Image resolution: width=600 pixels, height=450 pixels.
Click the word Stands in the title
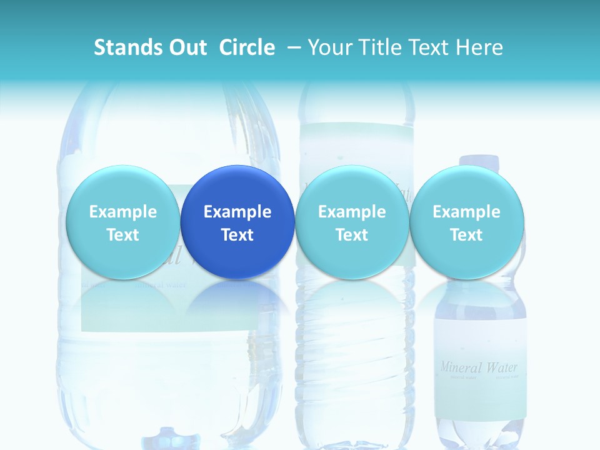click(x=122, y=47)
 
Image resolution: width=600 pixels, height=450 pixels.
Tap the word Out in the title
click(x=186, y=47)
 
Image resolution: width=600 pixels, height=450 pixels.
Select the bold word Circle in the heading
click(x=247, y=47)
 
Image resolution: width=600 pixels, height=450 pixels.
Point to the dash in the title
click(x=294, y=47)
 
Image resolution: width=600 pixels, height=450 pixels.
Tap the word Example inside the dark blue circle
click(x=237, y=212)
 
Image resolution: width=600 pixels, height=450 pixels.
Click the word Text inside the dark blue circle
click(x=237, y=235)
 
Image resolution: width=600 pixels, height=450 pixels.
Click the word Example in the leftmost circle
click(x=123, y=212)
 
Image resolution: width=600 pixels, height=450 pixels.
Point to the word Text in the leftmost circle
click(x=123, y=235)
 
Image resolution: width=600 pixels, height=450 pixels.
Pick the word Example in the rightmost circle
click(x=467, y=212)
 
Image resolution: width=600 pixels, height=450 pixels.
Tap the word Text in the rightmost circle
click(x=467, y=235)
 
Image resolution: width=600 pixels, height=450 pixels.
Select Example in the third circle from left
click(x=352, y=212)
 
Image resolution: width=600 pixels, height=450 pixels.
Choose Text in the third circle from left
click(x=352, y=235)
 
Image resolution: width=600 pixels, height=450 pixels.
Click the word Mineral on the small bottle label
click(x=461, y=367)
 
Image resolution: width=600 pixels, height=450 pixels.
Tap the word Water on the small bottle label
click(x=502, y=367)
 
